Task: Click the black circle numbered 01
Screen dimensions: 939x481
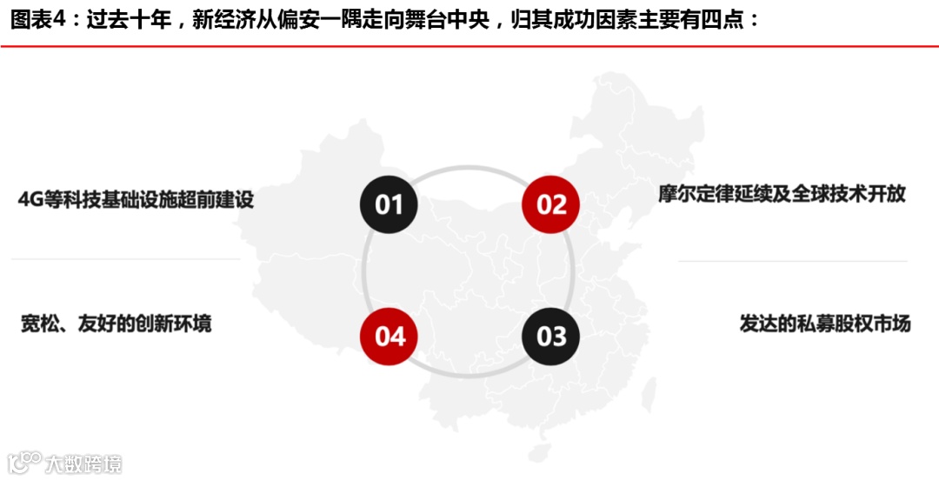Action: (x=389, y=204)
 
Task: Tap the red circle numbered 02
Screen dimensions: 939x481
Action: (x=550, y=204)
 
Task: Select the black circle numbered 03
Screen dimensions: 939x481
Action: (x=550, y=336)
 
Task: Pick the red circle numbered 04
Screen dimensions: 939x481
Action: (x=389, y=336)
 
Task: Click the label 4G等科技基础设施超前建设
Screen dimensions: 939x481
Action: (x=136, y=199)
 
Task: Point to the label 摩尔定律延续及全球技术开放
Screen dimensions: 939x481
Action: (x=782, y=193)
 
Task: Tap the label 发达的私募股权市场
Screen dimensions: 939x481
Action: (x=824, y=324)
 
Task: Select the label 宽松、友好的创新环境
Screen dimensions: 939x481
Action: (x=116, y=324)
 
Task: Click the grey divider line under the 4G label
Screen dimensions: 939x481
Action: (x=126, y=259)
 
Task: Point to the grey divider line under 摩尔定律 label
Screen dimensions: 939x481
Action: (x=792, y=261)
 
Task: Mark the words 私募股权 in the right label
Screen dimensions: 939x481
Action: (x=833, y=324)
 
